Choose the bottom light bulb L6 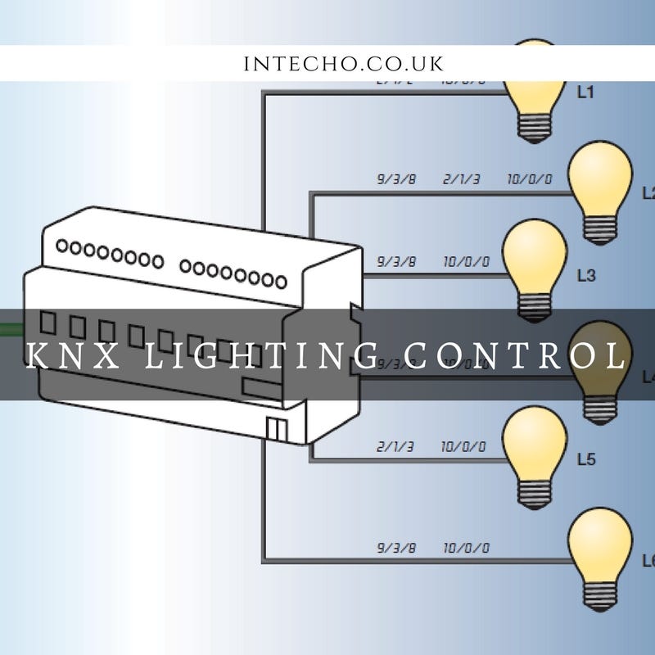point(600,544)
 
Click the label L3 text point(585,276)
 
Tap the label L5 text point(585,458)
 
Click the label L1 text point(585,93)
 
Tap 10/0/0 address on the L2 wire point(530,178)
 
